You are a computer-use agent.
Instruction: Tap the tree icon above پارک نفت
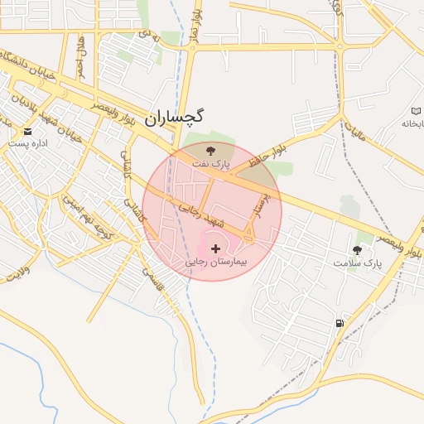[x=211, y=151]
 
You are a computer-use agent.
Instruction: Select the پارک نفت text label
[x=211, y=165]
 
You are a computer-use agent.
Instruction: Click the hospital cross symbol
[x=216, y=248]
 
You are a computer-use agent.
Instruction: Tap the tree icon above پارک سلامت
[x=358, y=249]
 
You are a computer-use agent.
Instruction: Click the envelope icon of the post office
[x=29, y=131]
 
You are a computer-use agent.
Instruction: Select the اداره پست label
[x=29, y=143]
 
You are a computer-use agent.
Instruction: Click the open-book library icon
[x=416, y=111]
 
